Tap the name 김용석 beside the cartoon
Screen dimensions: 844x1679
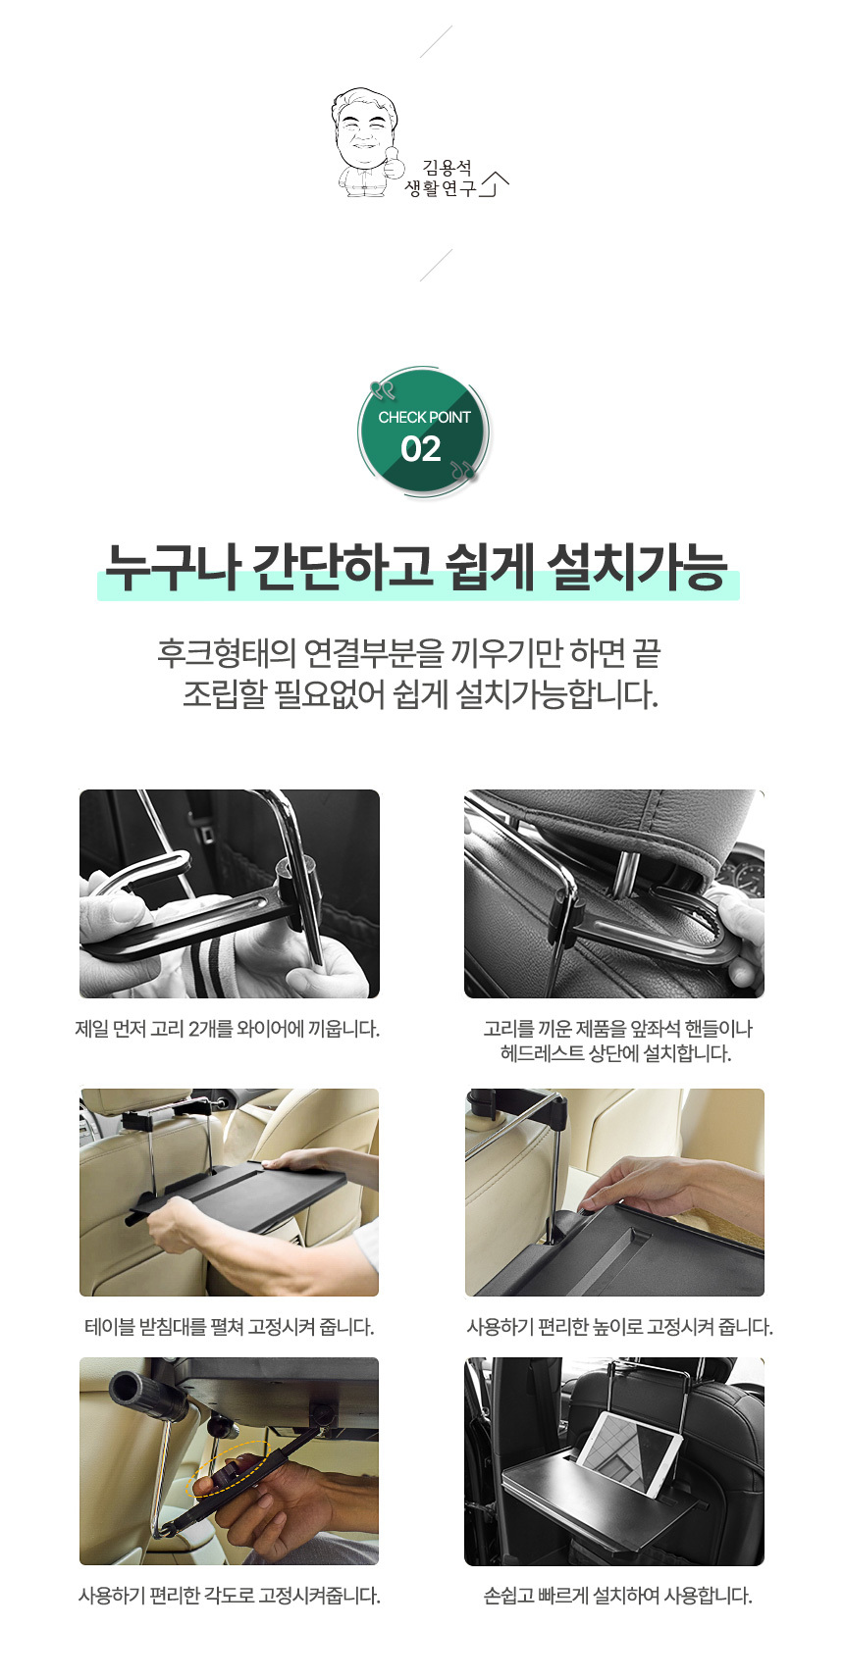[x=448, y=167]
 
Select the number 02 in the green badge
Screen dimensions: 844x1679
[x=420, y=449]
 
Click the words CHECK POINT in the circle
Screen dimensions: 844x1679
[x=424, y=417]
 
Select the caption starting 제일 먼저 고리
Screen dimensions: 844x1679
[x=228, y=1029]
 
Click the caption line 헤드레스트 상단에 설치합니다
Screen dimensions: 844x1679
[x=615, y=1053]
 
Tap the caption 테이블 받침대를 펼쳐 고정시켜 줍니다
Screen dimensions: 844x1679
[x=229, y=1327]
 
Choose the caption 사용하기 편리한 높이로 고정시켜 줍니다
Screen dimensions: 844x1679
[x=619, y=1327]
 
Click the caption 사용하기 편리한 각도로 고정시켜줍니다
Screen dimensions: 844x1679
[x=229, y=1595]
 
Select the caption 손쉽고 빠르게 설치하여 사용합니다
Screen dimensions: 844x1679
[x=617, y=1595]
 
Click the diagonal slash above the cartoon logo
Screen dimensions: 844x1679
[x=436, y=42]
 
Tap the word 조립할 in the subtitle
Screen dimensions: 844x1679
[x=225, y=694]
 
